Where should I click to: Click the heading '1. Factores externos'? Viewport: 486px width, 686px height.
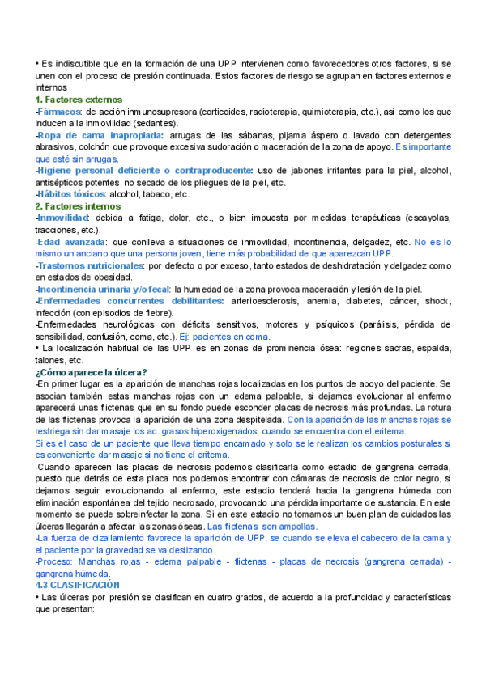[67, 99]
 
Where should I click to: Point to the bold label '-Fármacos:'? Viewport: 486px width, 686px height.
[59, 112]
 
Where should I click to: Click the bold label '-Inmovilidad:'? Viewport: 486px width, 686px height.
[64, 218]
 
